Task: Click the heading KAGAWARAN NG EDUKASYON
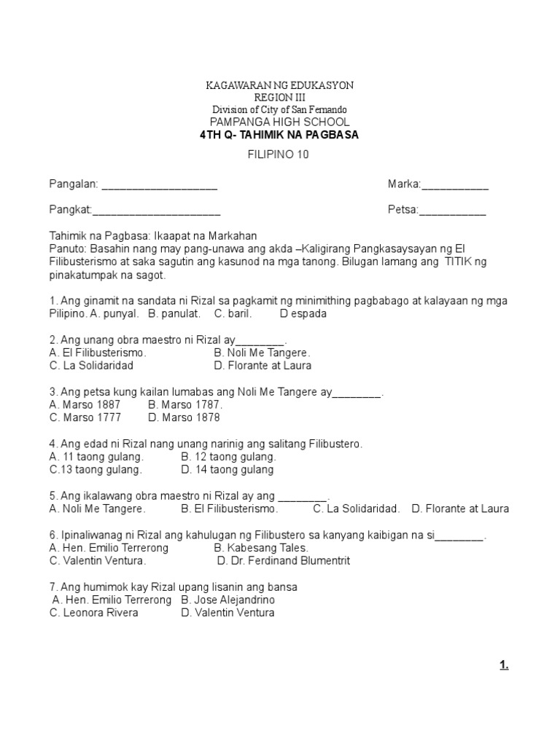pos(280,85)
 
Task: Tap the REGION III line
pos(280,97)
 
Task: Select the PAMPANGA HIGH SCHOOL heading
pos(280,122)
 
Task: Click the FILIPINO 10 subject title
pos(279,154)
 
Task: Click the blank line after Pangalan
pos(159,186)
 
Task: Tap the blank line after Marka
pos(455,186)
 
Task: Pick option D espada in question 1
pos(303,314)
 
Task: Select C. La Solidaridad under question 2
pos(91,366)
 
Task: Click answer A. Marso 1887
pos(85,404)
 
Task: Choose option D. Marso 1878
pos(183,418)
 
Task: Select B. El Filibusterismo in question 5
pos(230,509)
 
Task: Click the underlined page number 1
pos(504,664)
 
